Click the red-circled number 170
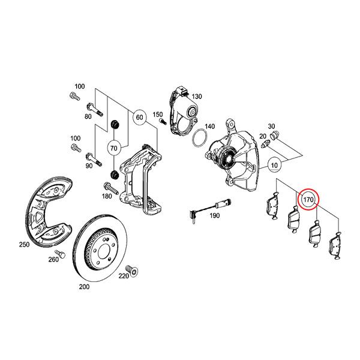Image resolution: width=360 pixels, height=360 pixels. pos(310,198)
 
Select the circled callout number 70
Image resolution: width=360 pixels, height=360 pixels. pos(114,146)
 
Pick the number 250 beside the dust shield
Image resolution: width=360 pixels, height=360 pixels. pos(24,245)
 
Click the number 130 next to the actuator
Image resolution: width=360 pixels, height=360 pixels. pos(197,96)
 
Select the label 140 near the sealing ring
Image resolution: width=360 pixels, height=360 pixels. pos(209,127)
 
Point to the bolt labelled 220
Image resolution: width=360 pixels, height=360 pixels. pos(133,268)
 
